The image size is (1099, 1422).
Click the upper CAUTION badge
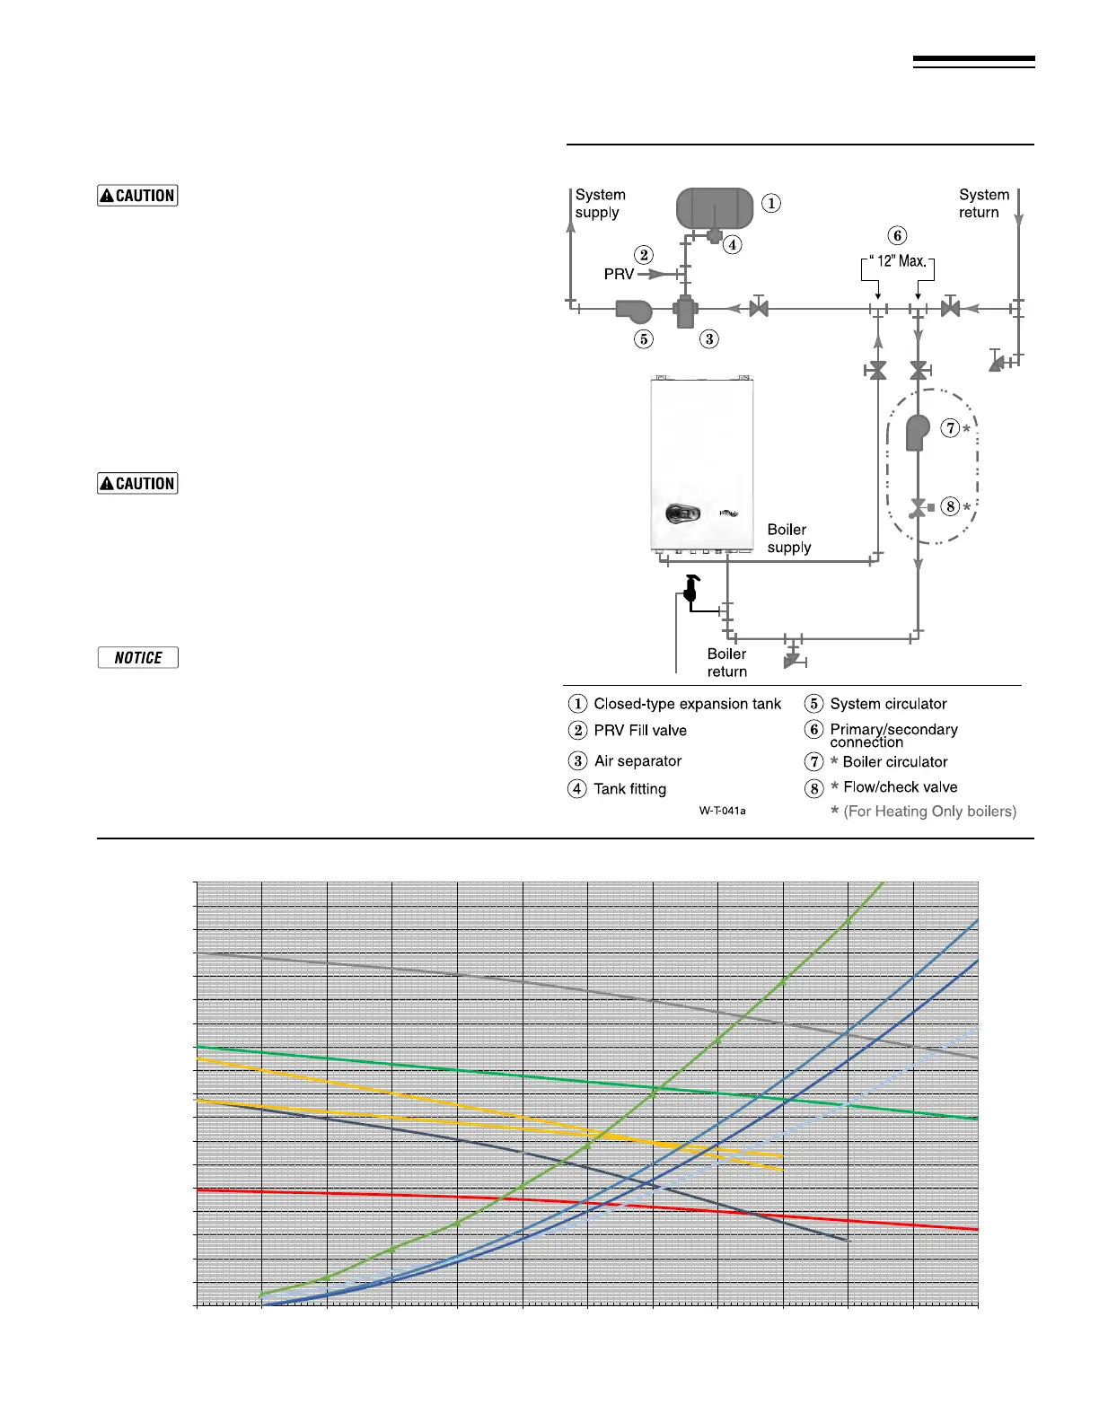pos(137,196)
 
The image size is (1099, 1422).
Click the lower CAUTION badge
pos(137,484)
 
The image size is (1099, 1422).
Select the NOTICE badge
pos(137,658)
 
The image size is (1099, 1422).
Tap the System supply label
pos(600,204)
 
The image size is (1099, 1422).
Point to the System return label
pos(983,204)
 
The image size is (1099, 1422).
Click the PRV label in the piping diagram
pos(619,275)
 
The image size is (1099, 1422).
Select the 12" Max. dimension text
pos(900,261)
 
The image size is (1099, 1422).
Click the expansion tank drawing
pos(714,207)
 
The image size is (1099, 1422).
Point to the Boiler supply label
pos(788,539)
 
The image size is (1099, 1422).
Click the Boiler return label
pos(726,663)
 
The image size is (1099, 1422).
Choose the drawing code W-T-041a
pos(722,811)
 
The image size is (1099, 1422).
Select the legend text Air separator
pos(637,761)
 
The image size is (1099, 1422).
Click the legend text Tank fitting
pos(629,789)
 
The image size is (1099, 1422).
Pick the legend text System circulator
pos(888,704)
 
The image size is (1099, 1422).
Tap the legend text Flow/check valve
pos(900,787)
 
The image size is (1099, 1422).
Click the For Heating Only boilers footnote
pos(929,812)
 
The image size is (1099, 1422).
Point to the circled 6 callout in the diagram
pos(897,235)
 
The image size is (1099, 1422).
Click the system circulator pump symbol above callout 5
pos(634,311)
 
